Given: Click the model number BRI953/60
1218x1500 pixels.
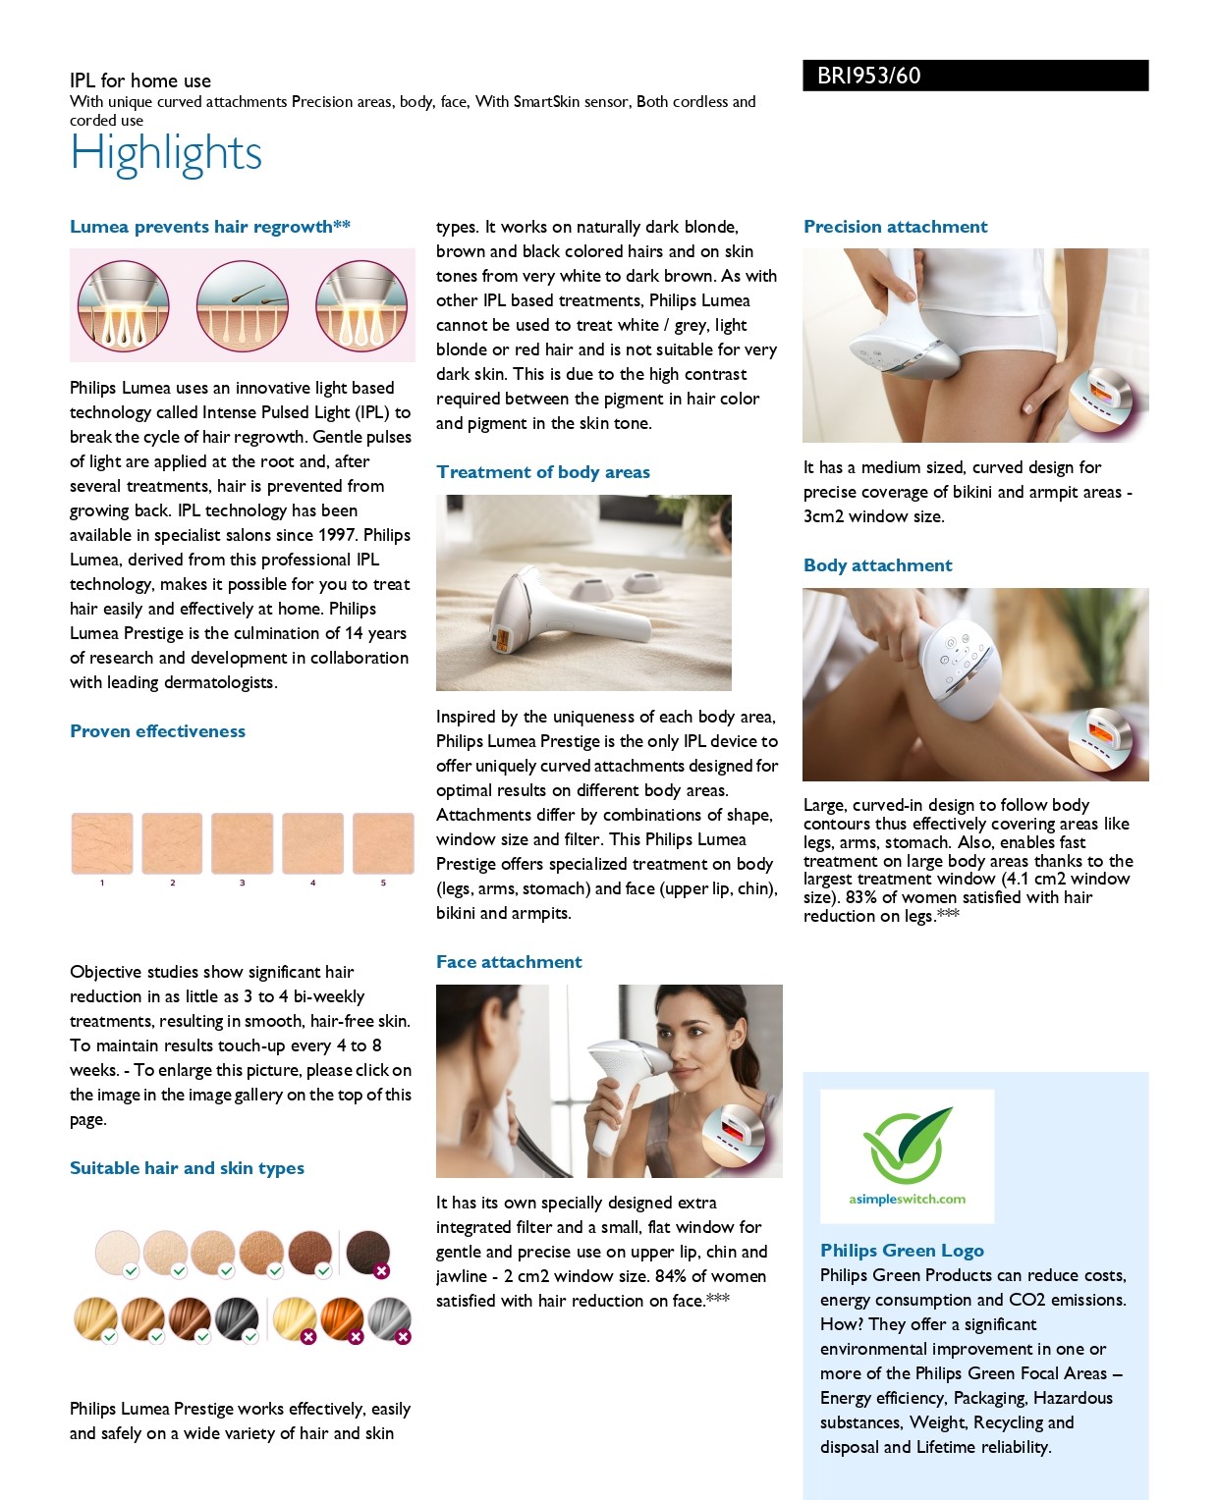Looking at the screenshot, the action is tap(868, 76).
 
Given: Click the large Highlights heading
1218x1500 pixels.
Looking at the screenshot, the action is tap(166, 153).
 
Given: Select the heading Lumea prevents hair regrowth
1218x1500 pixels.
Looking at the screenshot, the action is tap(210, 226).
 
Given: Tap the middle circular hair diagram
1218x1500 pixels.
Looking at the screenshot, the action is tap(242, 305).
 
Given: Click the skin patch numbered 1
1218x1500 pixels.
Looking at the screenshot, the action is tap(102, 843).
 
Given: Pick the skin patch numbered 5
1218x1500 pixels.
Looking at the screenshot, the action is tap(383, 843).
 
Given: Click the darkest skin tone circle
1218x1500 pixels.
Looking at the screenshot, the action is tap(367, 1253).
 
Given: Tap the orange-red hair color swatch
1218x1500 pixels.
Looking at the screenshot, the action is tap(343, 1319).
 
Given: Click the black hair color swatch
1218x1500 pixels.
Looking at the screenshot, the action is tap(238, 1319).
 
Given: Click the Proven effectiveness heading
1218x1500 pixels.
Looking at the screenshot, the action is tap(157, 731).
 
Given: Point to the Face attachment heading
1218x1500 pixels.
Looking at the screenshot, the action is tap(509, 962).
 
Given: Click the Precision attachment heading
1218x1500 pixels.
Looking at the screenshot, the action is tap(896, 226).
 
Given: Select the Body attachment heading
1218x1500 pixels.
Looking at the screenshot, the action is tap(878, 564).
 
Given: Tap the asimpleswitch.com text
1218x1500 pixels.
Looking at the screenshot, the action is tap(907, 1200).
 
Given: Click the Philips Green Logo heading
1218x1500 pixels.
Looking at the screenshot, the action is tap(902, 1250).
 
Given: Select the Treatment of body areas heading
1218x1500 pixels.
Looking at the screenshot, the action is tap(542, 472).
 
